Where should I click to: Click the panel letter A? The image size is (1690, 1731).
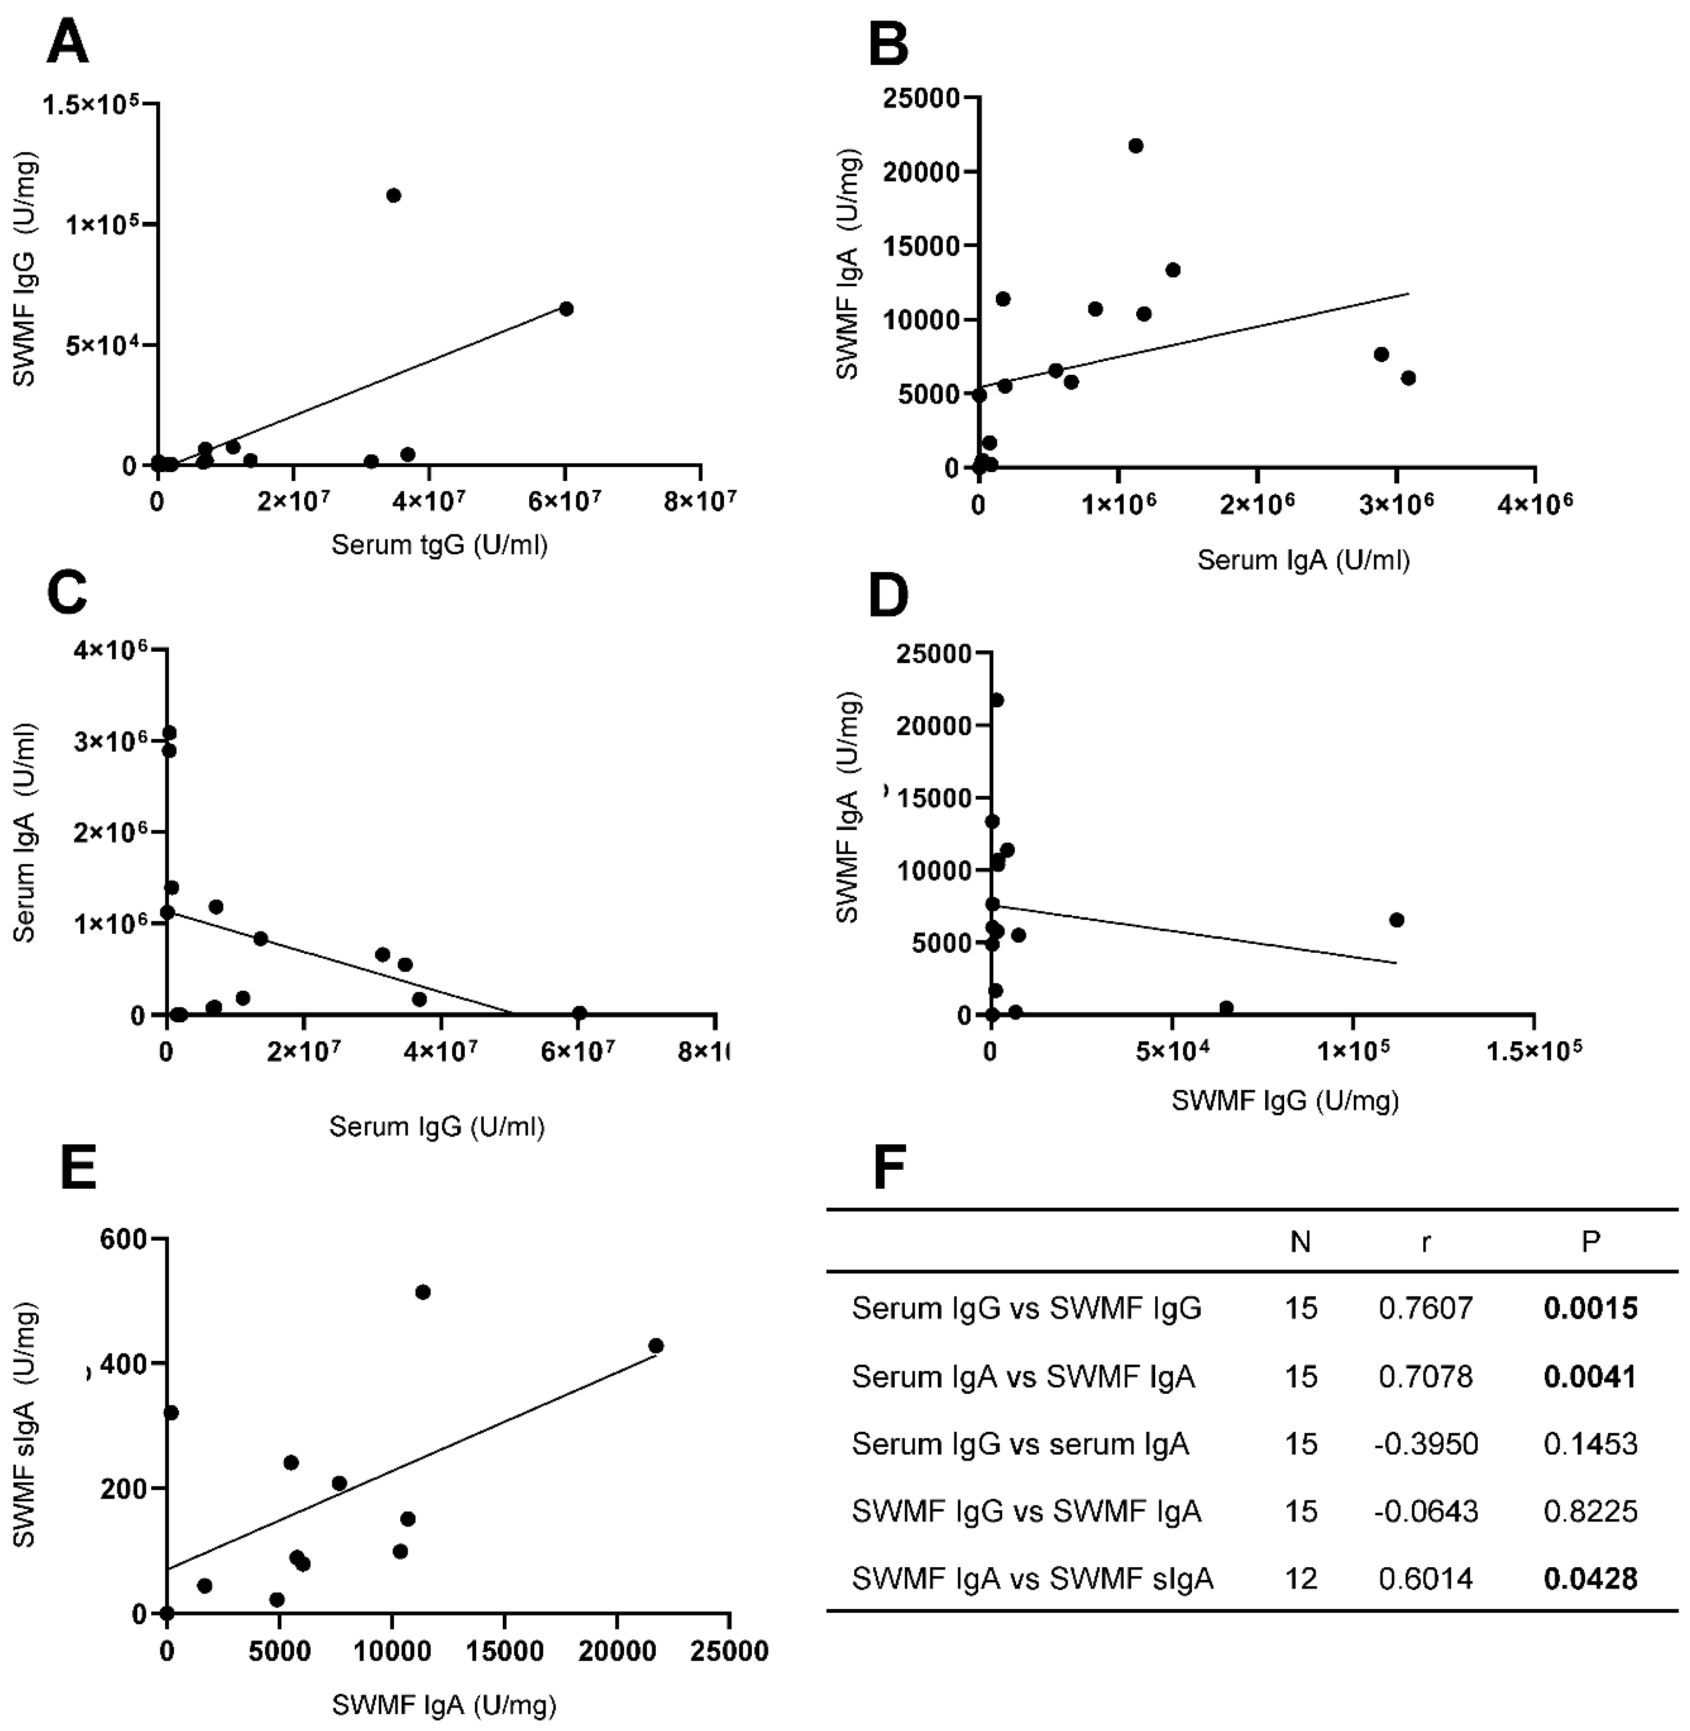67,43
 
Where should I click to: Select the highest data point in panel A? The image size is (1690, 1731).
393,195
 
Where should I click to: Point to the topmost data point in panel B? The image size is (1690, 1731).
1135,146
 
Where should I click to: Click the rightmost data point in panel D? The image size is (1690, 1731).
1396,920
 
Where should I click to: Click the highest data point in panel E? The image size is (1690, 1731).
422,1292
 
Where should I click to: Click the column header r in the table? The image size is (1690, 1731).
1426,1242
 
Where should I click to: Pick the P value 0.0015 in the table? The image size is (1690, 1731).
1590,1308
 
